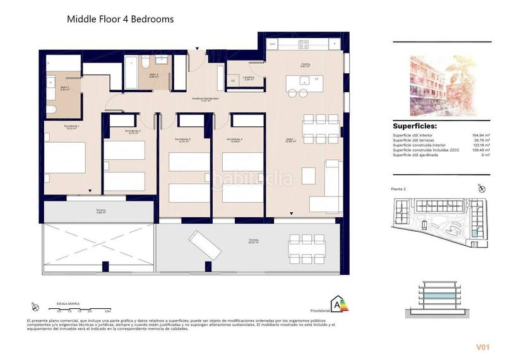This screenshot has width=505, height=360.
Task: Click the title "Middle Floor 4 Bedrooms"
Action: coord(120,19)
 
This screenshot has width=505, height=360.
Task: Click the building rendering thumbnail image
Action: coord(441,83)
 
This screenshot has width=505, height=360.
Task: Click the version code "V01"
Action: coord(483,347)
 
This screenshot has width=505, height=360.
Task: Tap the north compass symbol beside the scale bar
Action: coord(35,308)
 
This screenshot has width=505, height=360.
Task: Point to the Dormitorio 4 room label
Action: coord(235,139)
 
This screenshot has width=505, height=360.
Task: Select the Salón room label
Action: coord(290,140)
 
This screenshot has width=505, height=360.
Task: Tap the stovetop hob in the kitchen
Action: coord(304,44)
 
